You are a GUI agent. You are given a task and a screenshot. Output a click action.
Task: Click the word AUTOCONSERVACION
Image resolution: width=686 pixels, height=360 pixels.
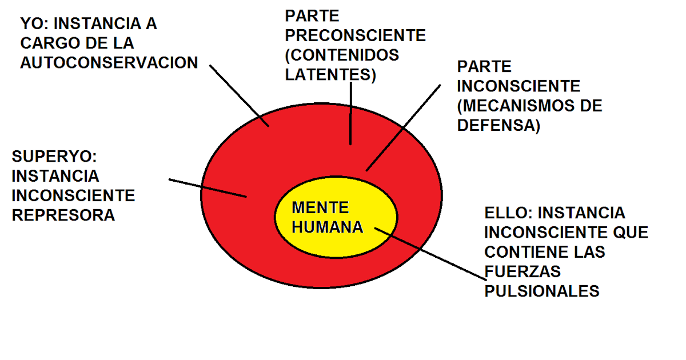point(109,62)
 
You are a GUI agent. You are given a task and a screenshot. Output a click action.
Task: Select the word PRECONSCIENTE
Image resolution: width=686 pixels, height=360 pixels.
point(356,35)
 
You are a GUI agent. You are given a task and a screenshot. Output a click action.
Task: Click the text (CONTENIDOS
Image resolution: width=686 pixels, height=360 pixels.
point(342,55)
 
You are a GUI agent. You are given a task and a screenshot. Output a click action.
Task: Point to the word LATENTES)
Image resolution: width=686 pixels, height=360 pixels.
point(330,75)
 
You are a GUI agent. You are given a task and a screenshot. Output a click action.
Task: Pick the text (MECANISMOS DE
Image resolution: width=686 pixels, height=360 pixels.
point(530,106)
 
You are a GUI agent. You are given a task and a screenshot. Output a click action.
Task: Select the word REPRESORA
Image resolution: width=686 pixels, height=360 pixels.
point(63,215)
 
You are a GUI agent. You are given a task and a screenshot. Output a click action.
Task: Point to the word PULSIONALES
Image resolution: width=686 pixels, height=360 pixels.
point(542,291)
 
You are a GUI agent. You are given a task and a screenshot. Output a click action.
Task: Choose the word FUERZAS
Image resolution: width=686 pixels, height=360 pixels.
point(523,271)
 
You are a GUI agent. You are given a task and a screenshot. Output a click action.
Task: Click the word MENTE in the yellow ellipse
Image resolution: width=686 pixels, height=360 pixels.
point(320,207)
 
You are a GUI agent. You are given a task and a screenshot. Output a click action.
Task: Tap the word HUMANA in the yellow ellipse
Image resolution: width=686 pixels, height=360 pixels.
point(328,227)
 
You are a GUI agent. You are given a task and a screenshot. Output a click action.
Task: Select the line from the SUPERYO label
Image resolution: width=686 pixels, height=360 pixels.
point(209,188)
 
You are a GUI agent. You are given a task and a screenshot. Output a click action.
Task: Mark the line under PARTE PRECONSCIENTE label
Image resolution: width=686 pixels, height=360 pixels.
point(351,114)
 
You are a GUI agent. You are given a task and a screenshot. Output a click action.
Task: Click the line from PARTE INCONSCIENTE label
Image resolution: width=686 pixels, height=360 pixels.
point(403,128)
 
